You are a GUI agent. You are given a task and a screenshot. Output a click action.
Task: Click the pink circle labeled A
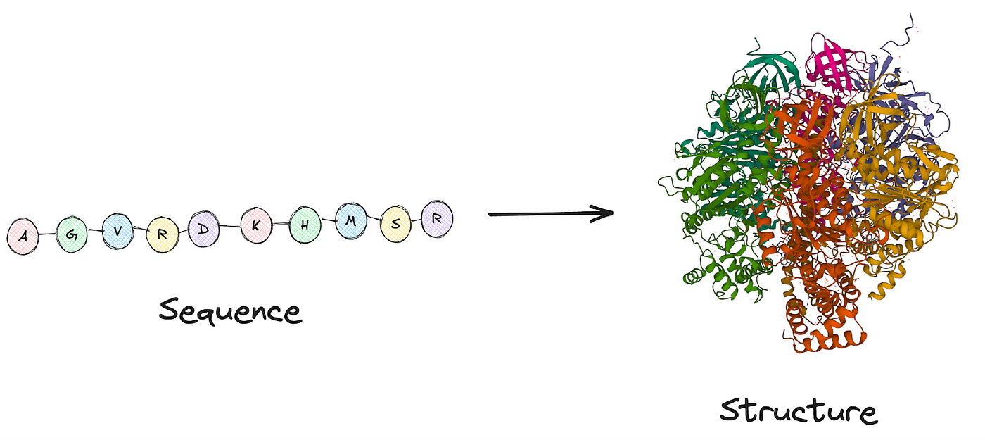(x=23, y=237)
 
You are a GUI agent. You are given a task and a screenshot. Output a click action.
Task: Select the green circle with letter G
(x=71, y=234)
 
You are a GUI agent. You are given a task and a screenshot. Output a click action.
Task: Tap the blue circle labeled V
(x=117, y=231)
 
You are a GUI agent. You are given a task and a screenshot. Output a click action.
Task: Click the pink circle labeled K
(x=255, y=226)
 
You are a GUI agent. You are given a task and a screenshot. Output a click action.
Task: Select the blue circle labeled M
(x=351, y=221)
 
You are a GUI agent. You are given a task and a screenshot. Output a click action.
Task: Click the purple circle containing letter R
(x=436, y=219)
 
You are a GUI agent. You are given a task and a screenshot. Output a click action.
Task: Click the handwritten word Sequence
(x=230, y=310)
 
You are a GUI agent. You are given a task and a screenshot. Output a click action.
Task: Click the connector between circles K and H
(x=281, y=225)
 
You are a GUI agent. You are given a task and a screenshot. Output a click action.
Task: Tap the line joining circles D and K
(x=229, y=227)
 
